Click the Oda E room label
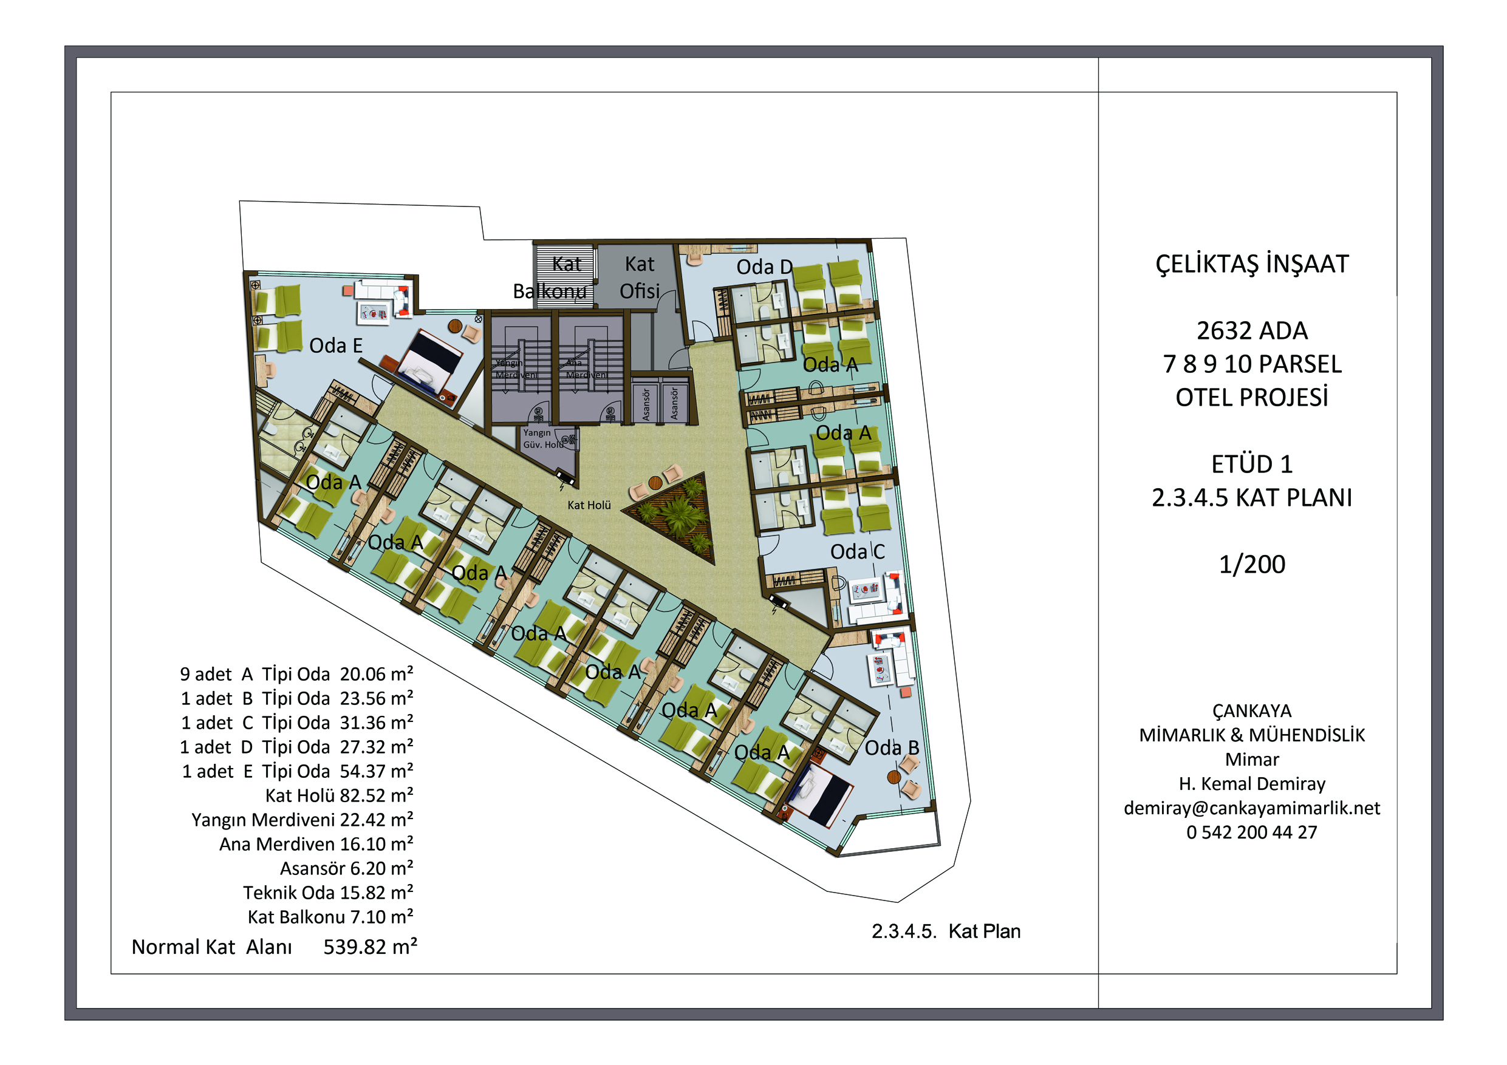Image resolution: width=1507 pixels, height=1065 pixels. click(x=335, y=346)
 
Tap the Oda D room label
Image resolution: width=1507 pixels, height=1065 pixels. click(x=765, y=267)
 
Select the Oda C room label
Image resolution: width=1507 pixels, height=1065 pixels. click(x=857, y=552)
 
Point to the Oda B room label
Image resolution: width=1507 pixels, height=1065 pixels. click(x=891, y=748)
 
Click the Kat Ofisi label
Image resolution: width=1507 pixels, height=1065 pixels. click(x=639, y=277)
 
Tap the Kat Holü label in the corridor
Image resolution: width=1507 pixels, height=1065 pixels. click(x=589, y=505)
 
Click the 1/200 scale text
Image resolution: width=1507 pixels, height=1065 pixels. click(x=1252, y=565)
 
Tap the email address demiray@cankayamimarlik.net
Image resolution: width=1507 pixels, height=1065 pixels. click(x=1252, y=808)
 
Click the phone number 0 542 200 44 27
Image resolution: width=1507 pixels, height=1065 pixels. click(x=1252, y=832)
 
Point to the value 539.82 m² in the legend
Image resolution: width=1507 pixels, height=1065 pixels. click(x=370, y=947)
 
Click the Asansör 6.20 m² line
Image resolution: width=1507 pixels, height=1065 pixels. click(x=347, y=869)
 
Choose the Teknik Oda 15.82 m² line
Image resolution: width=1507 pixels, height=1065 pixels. click(x=328, y=893)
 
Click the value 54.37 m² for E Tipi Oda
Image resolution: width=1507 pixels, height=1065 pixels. click(x=377, y=772)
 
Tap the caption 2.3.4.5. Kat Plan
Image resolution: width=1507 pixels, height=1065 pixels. click(x=946, y=932)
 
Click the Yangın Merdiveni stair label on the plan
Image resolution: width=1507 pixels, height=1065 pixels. click(x=515, y=369)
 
